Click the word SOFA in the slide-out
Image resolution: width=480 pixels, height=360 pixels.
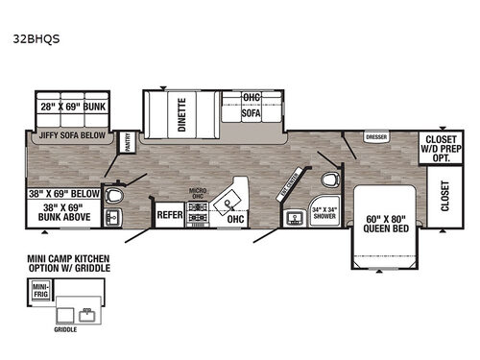pos(251,111)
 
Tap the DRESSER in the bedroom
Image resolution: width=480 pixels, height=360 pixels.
pos(374,137)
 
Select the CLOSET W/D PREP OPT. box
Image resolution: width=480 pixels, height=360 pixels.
pos(446,148)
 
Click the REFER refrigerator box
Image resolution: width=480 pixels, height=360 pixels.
pos(170,217)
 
